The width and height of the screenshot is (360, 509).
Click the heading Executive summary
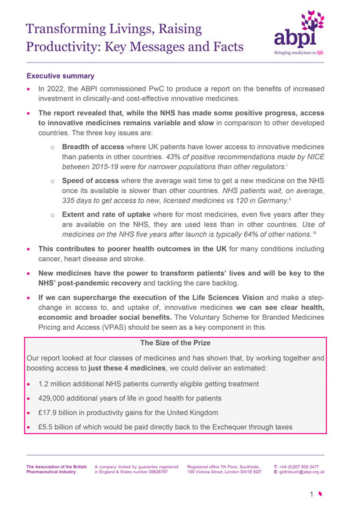(x=61, y=76)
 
